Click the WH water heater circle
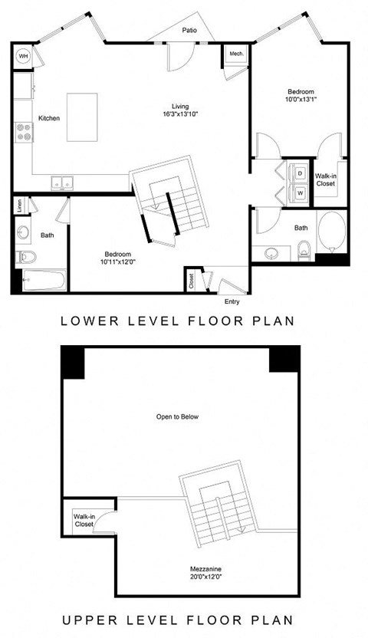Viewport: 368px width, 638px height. tap(23, 56)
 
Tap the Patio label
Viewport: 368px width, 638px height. tap(190, 31)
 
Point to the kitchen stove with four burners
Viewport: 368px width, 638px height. tap(23, 134)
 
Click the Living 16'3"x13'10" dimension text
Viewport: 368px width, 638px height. tap(181, 111)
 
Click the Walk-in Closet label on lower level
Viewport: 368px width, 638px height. tap(325, 180)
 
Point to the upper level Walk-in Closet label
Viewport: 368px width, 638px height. tap(85, 521)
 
